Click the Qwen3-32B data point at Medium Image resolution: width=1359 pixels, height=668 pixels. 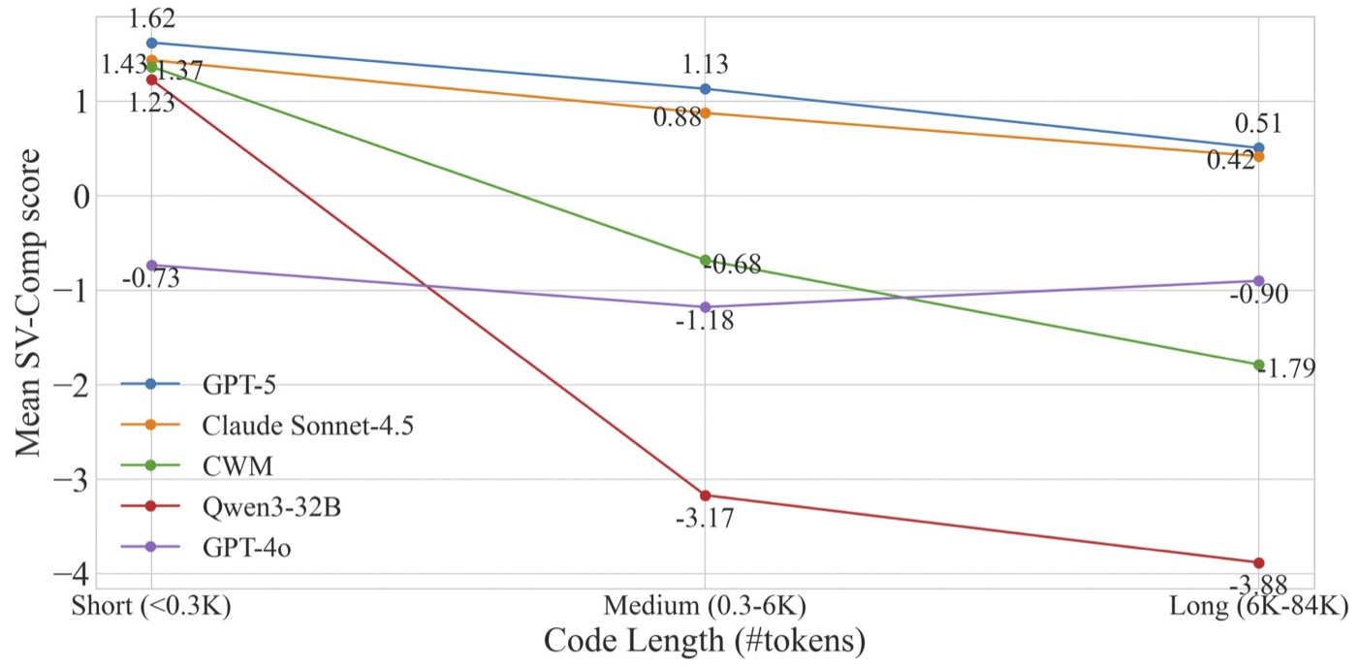click(x=705, y=495)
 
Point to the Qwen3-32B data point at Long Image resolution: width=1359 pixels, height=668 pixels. click(x=1258, y=562)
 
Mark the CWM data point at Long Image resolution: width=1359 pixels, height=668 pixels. click(x=1258, y=365)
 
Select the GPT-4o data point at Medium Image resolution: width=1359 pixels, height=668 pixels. click(x=705, y=306)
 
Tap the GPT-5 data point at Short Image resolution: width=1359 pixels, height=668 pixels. click(x=151, y=43)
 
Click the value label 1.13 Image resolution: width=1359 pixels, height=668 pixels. click(x=705, y=65)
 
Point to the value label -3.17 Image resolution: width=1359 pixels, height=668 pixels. click(x=705, y=519)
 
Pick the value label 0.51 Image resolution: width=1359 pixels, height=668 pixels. click(x=1258, y=124)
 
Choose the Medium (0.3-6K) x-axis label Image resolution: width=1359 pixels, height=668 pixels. click(x=705, y=607)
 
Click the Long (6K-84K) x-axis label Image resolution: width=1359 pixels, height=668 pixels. click(x=1259, y=607)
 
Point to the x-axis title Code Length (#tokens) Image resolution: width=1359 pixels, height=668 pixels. click(x=705, y=641)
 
